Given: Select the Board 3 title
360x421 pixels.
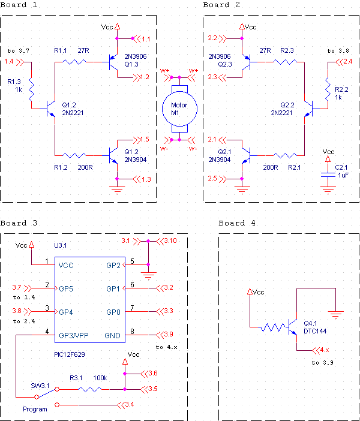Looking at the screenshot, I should coord(19,223).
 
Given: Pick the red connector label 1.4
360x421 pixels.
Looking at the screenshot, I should coord(9,61).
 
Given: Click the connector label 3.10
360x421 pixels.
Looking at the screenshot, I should coord(171,241).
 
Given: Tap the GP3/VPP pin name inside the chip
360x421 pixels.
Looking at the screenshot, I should coord(74,335).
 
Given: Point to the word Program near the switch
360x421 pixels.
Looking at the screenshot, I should coord(35,409).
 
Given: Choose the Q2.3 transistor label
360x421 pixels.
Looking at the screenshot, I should coord(224,64).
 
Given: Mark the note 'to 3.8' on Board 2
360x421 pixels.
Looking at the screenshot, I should coord(338,51).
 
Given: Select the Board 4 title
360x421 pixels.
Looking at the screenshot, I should coord(237,223).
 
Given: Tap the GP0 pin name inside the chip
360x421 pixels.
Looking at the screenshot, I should coord(113,312).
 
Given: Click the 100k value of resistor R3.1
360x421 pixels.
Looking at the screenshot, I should coord(99,378).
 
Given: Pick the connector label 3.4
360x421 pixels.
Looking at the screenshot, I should coord(129,405).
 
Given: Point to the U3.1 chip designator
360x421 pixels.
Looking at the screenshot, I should coord(62,245).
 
